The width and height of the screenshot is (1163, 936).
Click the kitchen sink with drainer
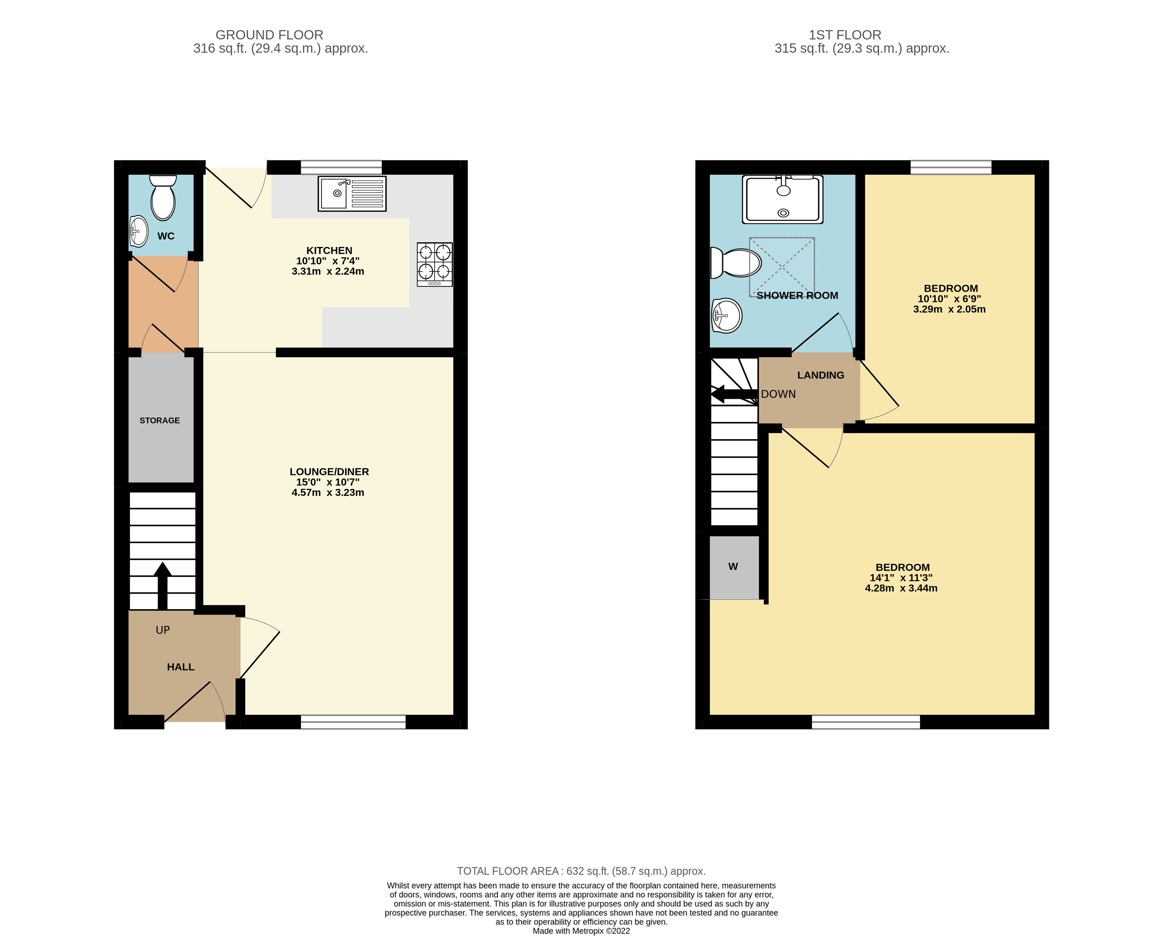pyautogui.click(x=352, y=194)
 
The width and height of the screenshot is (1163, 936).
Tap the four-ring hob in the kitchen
pyautogui.click(x=434, y=264)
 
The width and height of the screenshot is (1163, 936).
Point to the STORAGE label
pyautogui.click(x=160, y=421)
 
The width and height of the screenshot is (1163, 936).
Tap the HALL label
pyautogui.click(x=180, y=667)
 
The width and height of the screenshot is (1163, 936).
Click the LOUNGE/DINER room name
pyautogui.click(x=329, y=472)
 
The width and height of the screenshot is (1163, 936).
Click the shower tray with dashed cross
pyautogui.click(x=782, y=267)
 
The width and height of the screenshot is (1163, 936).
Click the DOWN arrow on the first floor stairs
pyautogui.click(x=734, y=394)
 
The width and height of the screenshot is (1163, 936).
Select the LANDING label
pyautogui.click(x=820, y=375)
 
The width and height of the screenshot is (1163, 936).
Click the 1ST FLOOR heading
pyautogui.click(x=845, y=35)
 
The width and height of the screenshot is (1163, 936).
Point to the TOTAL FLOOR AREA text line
pyautogui.click(x=581, y=871)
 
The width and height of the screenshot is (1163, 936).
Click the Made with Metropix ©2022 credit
pyautogui.click(x=581, y=931)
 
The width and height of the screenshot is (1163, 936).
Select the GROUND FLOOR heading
pyautogui.click(x=269, y=35)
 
